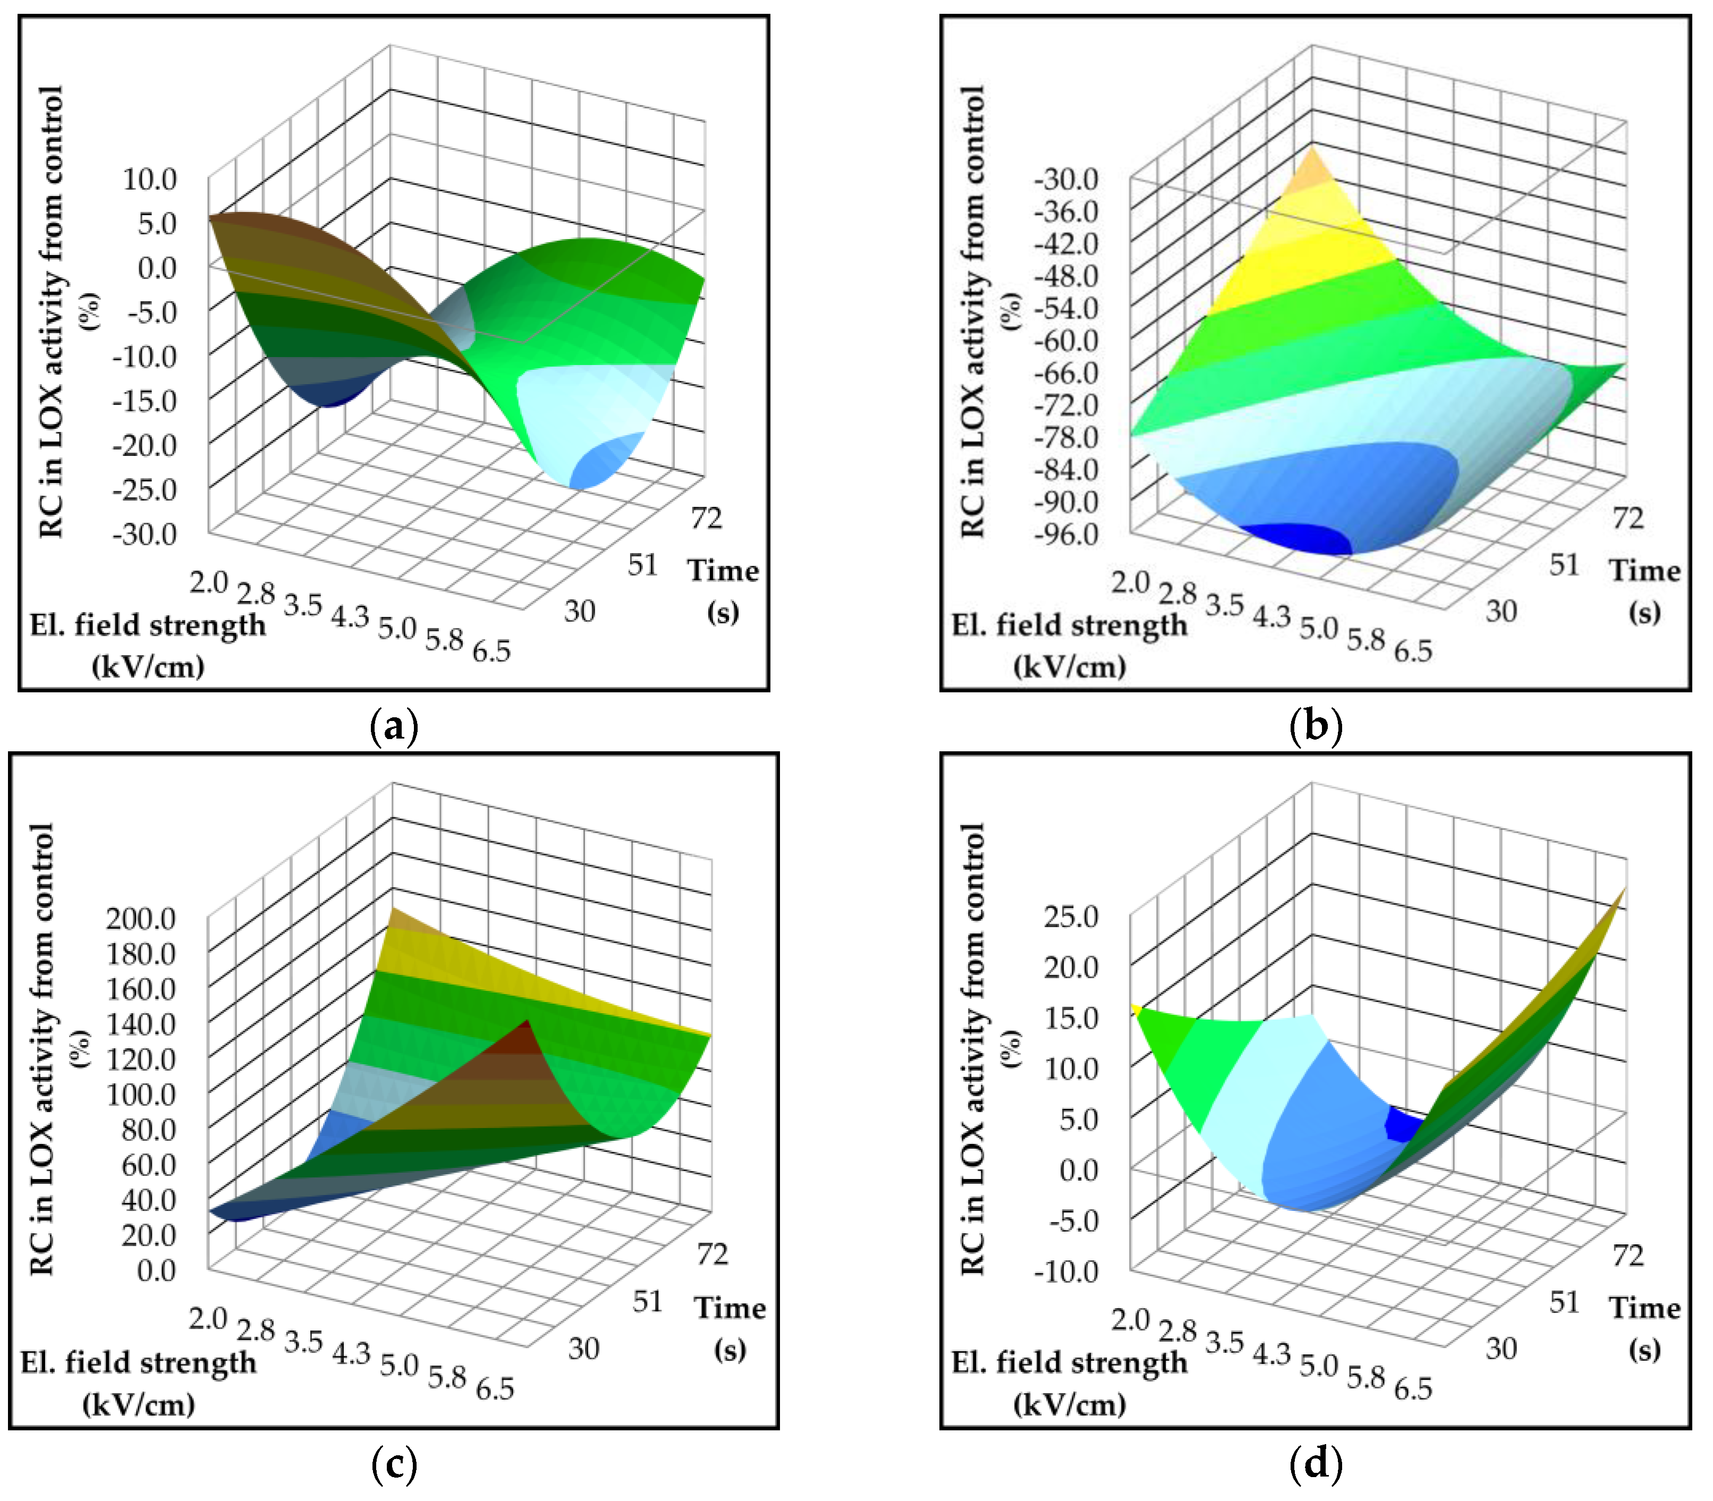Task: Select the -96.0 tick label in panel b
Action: click(x=1065, y=533)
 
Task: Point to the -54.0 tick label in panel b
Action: click(x=1065, y=308)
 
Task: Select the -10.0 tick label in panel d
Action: click(x=1065, y=1270)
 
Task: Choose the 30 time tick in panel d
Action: click(x=1501, y=1349)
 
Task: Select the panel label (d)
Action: click(x=1316, y=1463)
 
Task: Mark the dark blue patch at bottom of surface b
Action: click(x=1296, y=539)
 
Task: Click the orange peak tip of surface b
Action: click(x=1312, y=172)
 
